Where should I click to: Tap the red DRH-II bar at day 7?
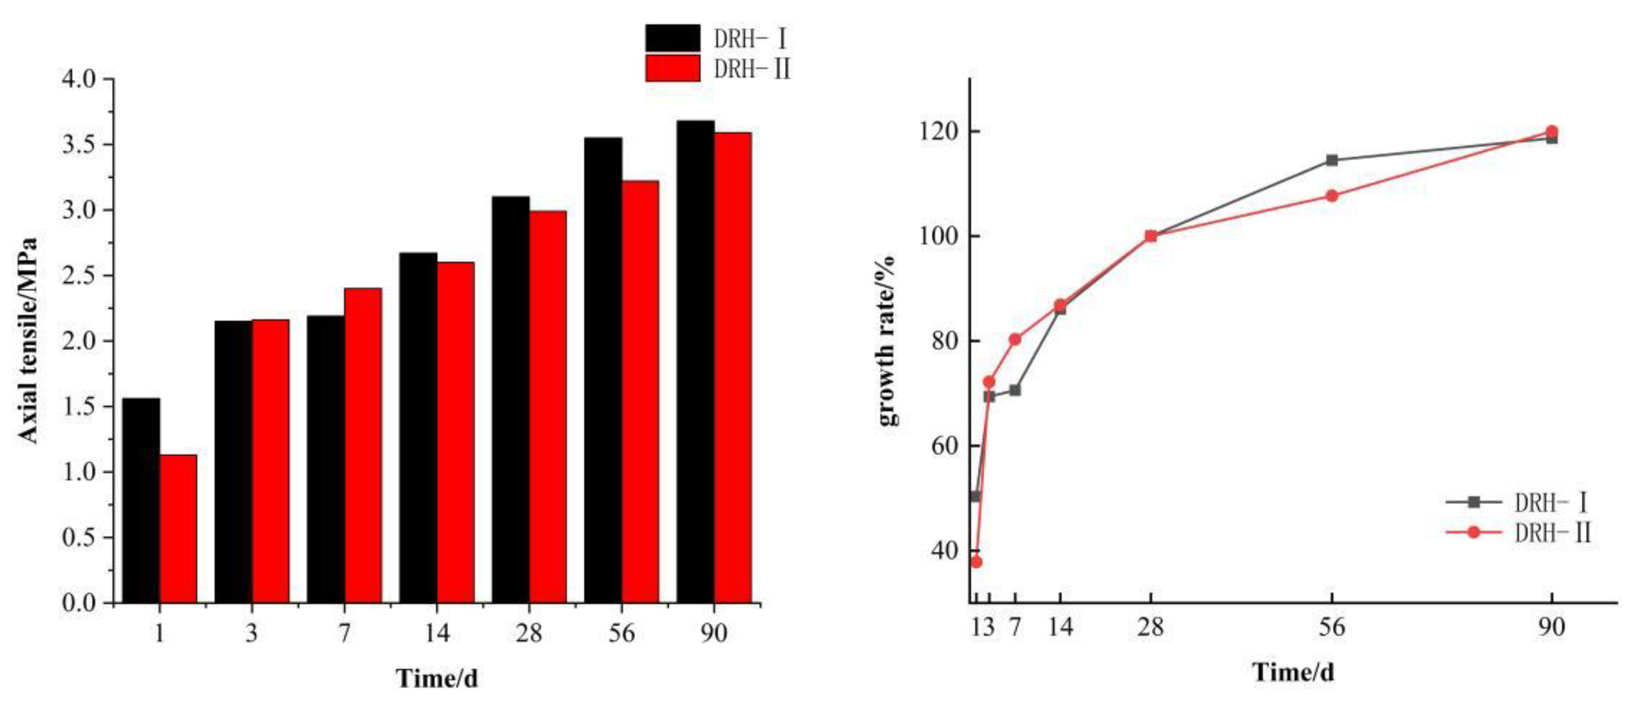tap(363, 445)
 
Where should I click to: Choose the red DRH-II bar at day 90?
tap(732, 367)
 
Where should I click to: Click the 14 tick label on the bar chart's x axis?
tap(437, 633)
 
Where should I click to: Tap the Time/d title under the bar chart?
tap(437, 678)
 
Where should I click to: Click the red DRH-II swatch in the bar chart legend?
tap(672, 68)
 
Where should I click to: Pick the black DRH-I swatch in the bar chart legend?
tap(672, 38)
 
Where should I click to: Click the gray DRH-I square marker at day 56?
tap(1332, 160)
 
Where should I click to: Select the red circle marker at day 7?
tap(1015, 339)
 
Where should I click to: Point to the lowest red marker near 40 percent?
tap(976, 561)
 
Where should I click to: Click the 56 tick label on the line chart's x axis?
tap(1332, 627)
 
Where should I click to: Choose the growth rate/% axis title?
tap(887, 340)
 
